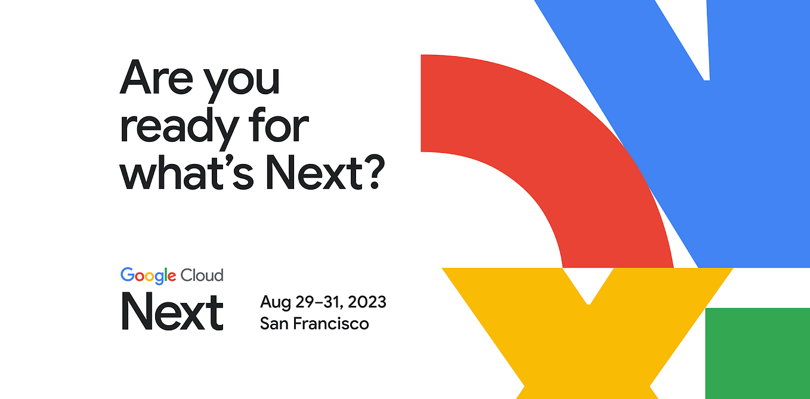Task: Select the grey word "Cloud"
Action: pos(202,275)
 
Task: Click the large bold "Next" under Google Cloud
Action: pos(172,311)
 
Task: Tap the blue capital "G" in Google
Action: pos(127,275)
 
